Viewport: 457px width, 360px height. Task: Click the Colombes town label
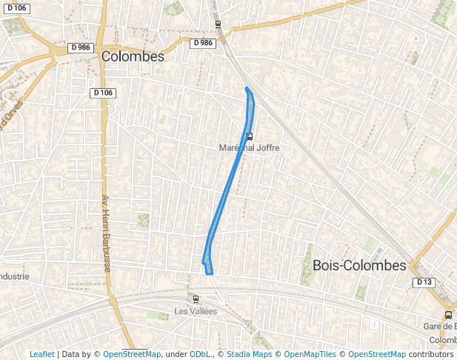133,56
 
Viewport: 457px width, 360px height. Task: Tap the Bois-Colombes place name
359,265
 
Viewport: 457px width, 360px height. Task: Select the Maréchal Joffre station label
249,147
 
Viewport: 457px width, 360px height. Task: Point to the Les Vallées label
196,311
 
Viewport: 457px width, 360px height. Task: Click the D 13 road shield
423,282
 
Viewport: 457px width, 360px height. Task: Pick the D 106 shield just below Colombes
103,93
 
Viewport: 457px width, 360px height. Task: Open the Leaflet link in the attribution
41,354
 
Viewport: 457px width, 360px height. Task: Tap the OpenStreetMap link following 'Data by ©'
131,354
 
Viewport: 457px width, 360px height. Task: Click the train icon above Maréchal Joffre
249,136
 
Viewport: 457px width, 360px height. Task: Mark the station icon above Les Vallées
196,299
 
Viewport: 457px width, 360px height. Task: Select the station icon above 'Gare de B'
448,315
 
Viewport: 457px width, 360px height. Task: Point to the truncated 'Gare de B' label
439,327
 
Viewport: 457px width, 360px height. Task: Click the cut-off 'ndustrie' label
15,276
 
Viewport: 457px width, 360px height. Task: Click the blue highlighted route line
227,193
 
